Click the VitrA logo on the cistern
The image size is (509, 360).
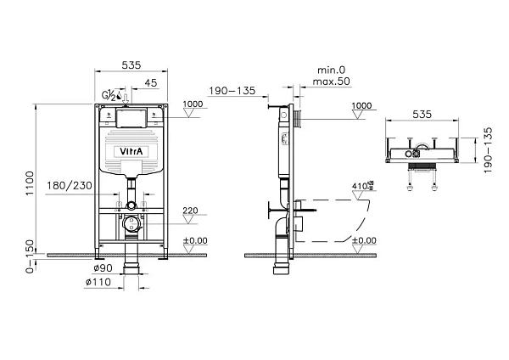click(131, 151)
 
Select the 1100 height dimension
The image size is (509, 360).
click(30, 183)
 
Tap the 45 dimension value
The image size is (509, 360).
click(151, 83)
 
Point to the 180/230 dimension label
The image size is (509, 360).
click(70, 186)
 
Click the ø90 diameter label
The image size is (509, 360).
click(103, 268)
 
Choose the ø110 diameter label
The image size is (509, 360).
click(98, 282)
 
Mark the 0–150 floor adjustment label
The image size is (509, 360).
click(30, 256)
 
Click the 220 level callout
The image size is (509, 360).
click(190, 211)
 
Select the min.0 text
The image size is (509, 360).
click(331, 70)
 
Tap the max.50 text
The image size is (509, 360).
click(332, 82)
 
